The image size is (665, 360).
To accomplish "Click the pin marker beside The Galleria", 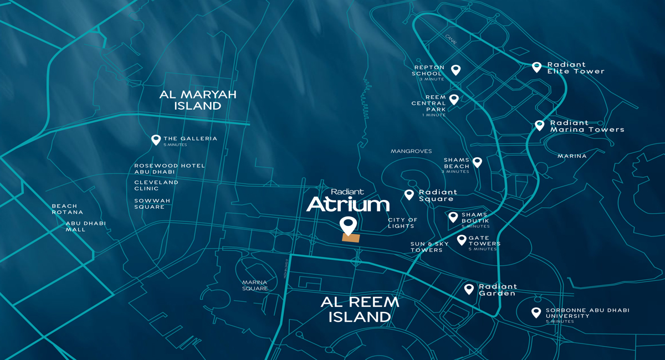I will coord(156,140).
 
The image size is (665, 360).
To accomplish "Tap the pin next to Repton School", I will coord(456,70).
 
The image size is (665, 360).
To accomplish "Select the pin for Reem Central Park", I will coord(454,99).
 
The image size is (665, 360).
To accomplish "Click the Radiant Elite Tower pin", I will coord(536,66).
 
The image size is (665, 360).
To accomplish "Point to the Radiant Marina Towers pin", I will coord(539,125).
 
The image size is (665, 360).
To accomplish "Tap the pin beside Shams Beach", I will coord(477,162).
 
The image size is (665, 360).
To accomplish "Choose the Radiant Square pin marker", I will coord(409,194).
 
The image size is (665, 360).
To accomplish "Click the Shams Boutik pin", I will coord(453,217).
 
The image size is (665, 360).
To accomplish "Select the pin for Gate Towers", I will coord(462,240).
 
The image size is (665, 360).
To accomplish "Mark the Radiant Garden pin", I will coord(469,289).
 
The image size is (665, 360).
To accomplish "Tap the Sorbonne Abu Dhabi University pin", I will coord(536,312).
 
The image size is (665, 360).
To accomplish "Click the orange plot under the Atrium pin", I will coord(351,238).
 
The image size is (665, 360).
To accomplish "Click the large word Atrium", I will coord(348,204).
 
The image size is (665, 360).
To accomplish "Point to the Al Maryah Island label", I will coord(198,100).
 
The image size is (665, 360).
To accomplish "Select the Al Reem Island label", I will coord(360,309).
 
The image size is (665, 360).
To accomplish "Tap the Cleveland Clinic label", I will coord(156,185).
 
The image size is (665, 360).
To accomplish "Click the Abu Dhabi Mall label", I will coord(85,226).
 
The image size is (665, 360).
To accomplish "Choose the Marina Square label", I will coord(255,285).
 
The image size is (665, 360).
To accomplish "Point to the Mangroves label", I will coord(411,151).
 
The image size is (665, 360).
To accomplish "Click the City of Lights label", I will coord(402,223).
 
